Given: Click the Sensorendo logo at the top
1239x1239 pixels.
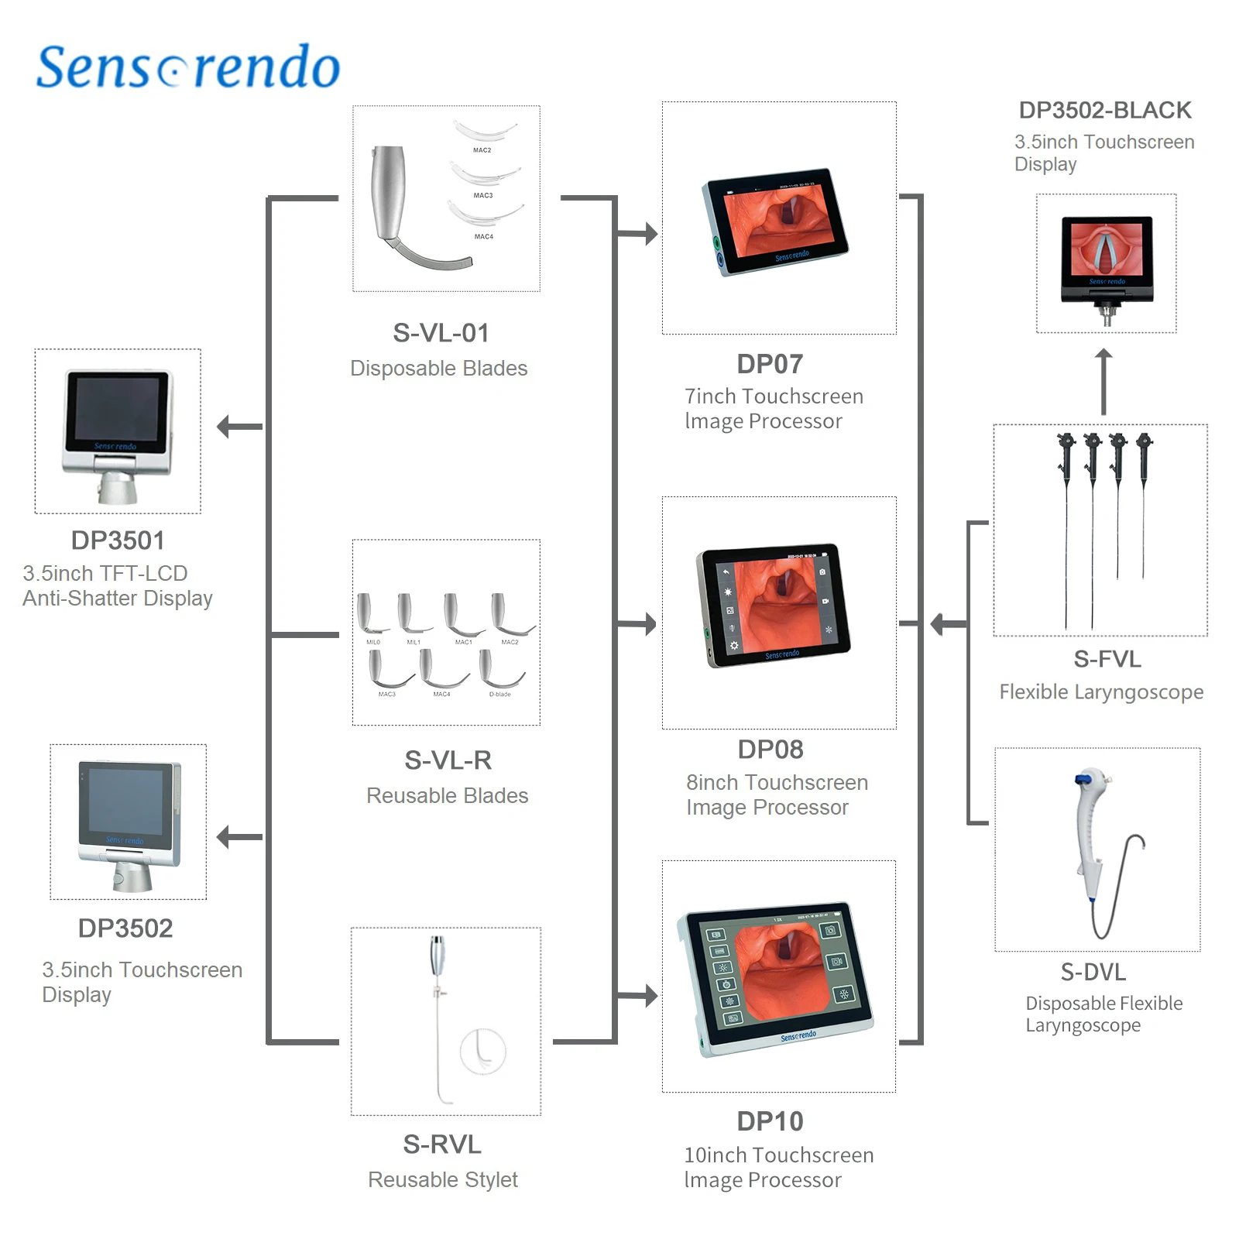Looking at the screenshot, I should (x=188, y=67).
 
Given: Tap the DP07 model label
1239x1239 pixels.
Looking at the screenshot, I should (x=770, y=364).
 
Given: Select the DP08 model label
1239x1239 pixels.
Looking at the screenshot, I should (x=771, y=750).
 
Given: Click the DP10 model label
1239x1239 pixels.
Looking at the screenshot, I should (x=770, y=1121).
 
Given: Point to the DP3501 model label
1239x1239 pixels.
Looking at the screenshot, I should (x=118, y=541).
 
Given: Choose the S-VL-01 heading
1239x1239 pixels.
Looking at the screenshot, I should (x=441, y=333).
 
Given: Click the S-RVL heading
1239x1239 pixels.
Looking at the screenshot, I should (x=442, y=1145).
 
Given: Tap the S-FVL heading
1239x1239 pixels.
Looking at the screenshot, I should (x=1107, y=659).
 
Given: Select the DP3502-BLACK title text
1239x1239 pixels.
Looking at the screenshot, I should (x=1105, y=111).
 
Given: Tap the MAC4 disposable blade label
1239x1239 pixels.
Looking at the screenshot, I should (x=484, y=237).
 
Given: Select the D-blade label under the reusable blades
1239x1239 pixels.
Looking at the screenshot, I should (x=500, y=695).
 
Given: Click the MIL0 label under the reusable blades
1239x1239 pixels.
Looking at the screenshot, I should (x=373, y=643).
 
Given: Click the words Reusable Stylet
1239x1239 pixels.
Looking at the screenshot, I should (x=443, y=1179).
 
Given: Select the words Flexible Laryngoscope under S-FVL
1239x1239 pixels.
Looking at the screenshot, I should (x=1101, y=692).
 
